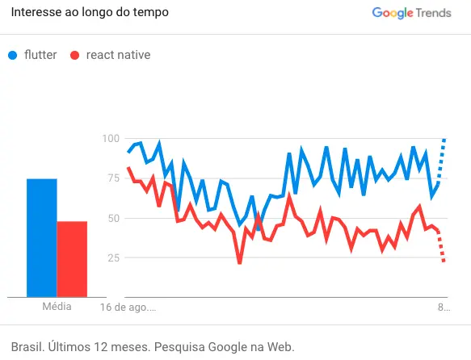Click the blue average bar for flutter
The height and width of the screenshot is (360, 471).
click(41, 238)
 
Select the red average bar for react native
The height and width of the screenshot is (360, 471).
click(72, 259)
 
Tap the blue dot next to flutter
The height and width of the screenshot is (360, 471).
click(13, 56)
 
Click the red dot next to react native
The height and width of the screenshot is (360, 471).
click(74, 56)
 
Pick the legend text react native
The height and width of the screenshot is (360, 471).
click(118, 55)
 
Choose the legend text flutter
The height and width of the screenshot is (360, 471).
click(40, 55)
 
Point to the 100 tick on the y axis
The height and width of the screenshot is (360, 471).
click(109, 139)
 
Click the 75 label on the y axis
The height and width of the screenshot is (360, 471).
click(111, 178)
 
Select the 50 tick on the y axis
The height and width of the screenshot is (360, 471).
click(111, 218)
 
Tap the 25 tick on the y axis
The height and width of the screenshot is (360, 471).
click(111, 257)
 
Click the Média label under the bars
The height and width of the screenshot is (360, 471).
click(57, 307)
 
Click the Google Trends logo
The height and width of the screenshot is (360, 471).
click(412, 13)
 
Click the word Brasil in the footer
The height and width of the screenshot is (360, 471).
click(27, 346)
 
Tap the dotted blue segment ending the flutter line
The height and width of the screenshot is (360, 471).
click(440, 161)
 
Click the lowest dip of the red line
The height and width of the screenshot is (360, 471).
click(240, 262)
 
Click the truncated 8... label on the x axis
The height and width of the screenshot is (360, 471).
click(444, 308)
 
